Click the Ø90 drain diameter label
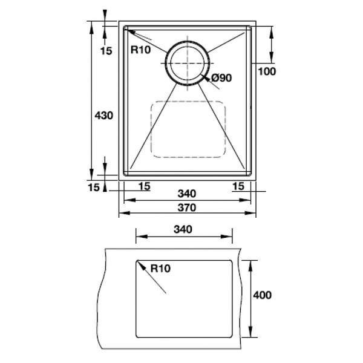[x=223, y=77]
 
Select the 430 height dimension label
[x=104, y=115]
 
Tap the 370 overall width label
[x=187, y=208]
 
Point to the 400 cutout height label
[x=262, y=296]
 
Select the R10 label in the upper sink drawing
[x=140, y=50]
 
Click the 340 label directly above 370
[x=187, y=194]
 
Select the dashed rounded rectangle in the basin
[x=188, y=128]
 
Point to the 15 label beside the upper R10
[x=106, y=51]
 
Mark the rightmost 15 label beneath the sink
[x=238, y=186]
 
